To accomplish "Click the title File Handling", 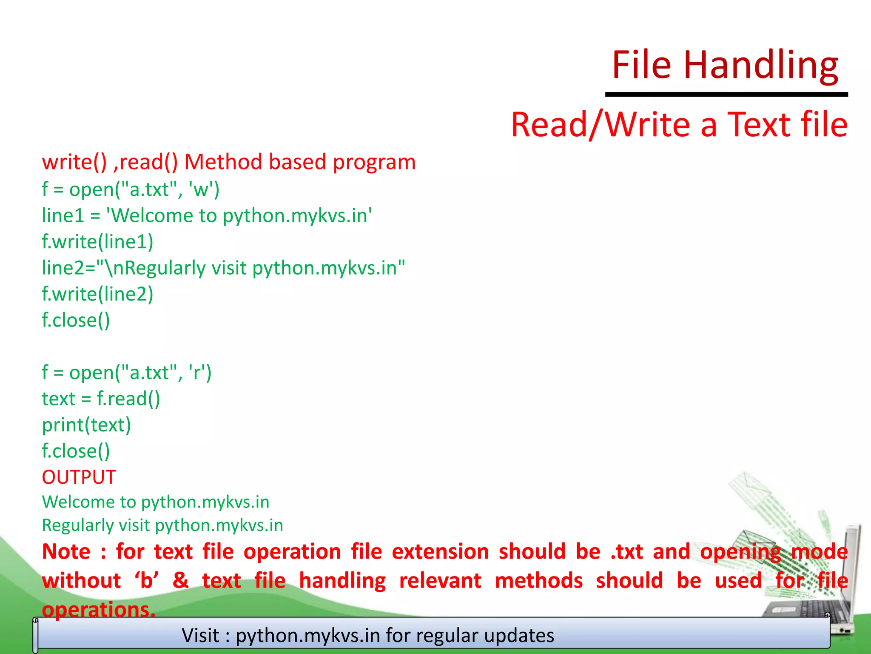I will coord(725,65).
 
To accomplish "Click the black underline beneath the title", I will coord(726,94).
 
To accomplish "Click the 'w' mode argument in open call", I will coord(201,189).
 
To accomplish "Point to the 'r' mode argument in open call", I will coord(197,373).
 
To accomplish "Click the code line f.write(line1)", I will coord(97,242).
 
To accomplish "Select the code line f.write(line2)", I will coord(97,294).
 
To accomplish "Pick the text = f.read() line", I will coord(101,399).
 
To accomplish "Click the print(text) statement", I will coord(86,425).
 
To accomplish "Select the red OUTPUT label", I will coord(79,477).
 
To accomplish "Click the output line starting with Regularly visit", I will coord(162,525).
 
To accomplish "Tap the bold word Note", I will coord(66,552).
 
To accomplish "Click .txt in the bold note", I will coord(626,552).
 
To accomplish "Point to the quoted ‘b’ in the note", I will coord(147,581).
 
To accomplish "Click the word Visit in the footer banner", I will coord(200,635).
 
